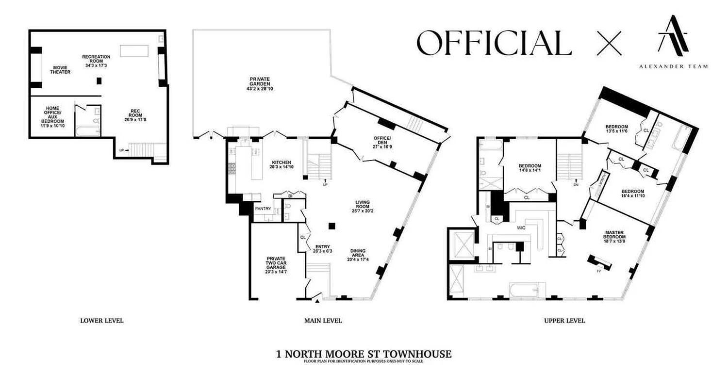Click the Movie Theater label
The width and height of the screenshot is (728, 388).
[60, 69]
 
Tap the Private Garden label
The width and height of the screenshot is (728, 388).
[260, 83]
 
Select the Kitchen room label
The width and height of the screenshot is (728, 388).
[281, 164]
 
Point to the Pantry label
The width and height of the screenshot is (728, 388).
[263, 209]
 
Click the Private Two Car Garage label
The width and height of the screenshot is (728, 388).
[275, 265]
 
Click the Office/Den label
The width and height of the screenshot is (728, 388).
[382, 143]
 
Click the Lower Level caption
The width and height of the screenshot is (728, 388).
[101, 321]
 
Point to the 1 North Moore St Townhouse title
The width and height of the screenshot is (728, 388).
[364, 354]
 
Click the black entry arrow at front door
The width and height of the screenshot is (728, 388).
[317, 301]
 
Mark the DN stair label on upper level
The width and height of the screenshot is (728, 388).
[575, 185]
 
